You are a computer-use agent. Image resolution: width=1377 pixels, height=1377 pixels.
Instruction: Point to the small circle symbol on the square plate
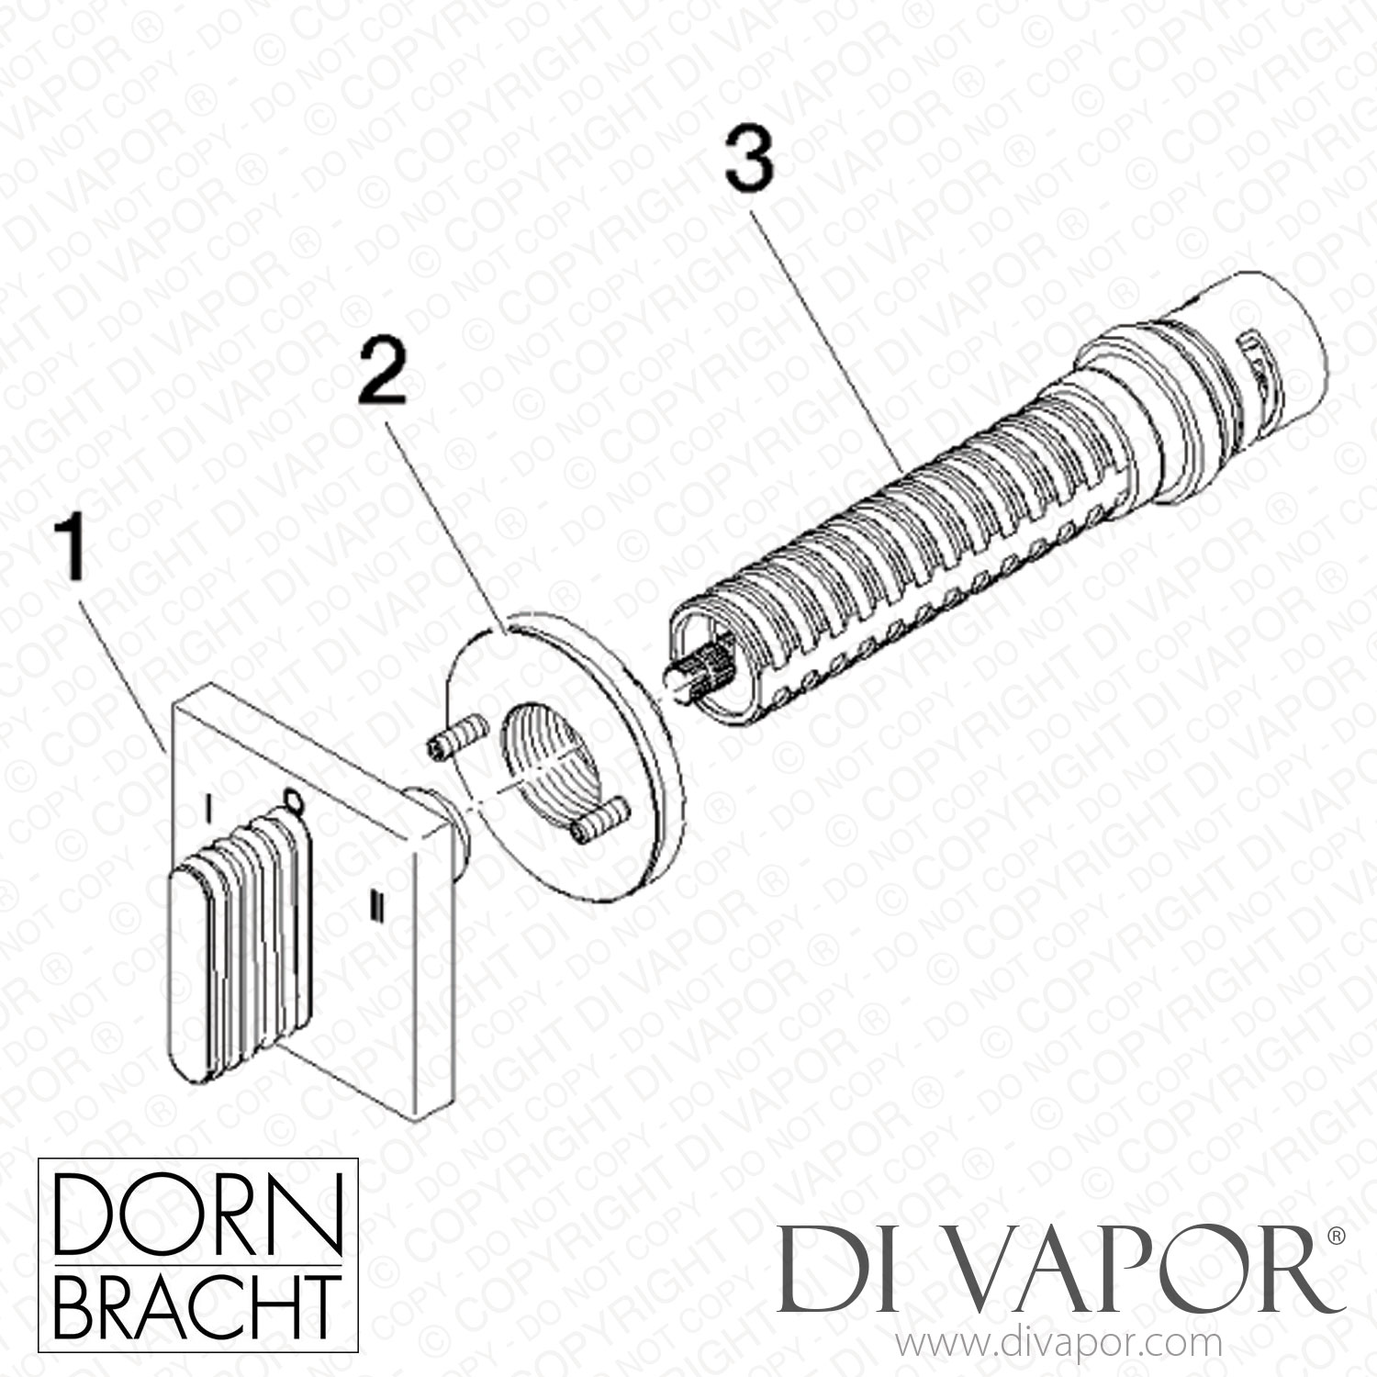tap(292, 800)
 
